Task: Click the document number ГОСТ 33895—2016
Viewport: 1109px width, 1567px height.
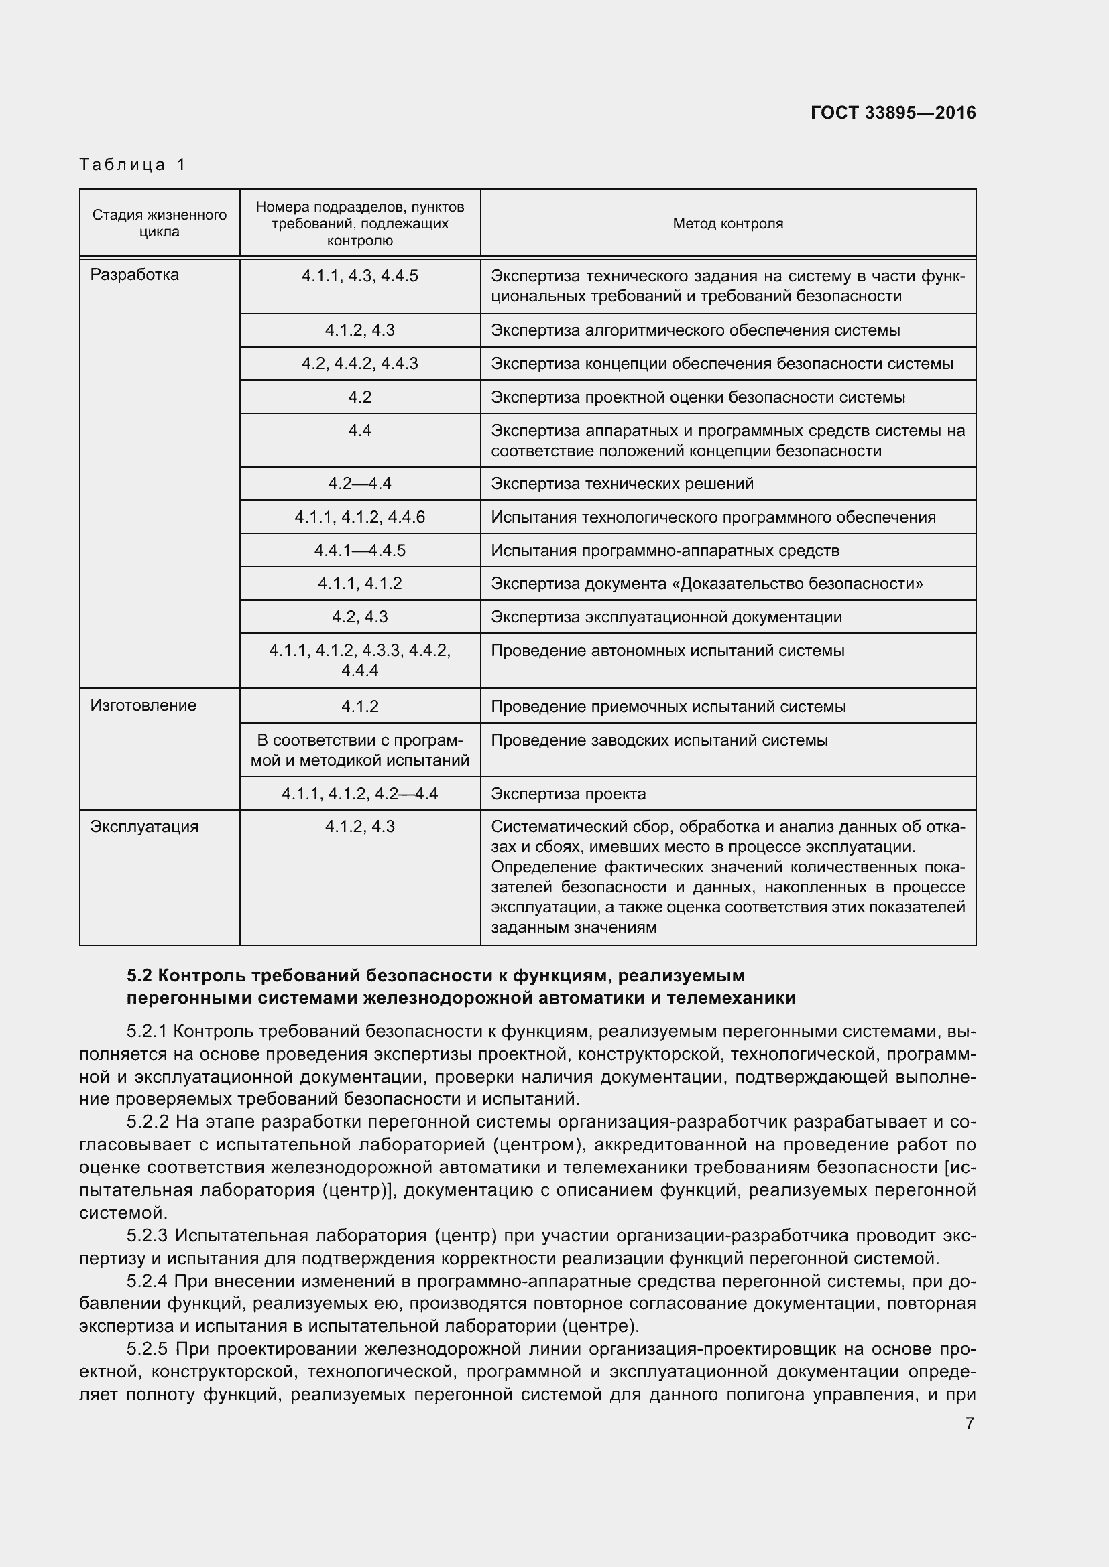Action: [892, 113]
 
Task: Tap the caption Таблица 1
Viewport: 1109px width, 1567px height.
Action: [133, 165]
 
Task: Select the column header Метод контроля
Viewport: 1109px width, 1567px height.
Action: [727, 223]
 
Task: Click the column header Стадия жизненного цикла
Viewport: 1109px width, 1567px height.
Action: [159, 223]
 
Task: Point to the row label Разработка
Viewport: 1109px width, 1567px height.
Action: [135, 275]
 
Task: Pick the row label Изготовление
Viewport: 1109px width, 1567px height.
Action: [143, 705]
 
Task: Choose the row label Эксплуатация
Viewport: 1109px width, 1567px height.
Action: [144, 827]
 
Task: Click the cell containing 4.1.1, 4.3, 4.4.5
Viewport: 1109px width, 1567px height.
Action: [360, 276]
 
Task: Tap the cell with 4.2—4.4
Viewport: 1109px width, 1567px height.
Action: [360, 483]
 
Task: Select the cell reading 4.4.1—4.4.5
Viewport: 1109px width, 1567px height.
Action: [360, 550]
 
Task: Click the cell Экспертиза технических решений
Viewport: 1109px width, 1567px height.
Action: [622, 483]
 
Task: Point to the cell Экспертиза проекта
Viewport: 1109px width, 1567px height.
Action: [568, 793]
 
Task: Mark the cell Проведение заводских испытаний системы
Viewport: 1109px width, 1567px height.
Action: [659, 740]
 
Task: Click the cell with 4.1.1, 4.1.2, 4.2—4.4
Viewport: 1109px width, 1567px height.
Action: [360, 793]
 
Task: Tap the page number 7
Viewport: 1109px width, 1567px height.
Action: [970, 1423]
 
